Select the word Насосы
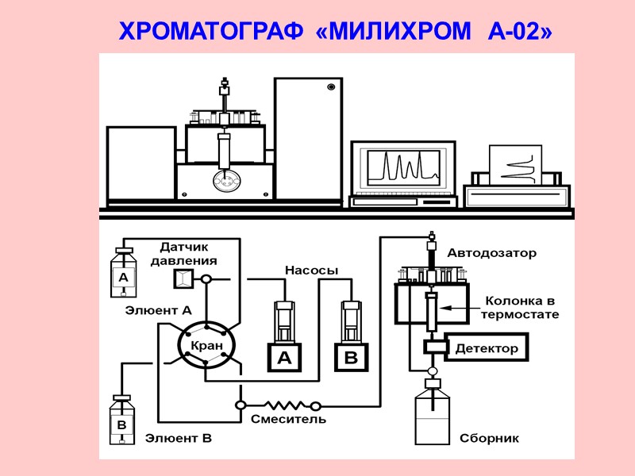[311, 271]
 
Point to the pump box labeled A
[283, 358]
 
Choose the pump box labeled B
[351, 358]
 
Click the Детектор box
[486, 348]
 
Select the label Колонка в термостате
[521, 308]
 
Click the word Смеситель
[288, 419]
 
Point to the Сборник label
[489, 438]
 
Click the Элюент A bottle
[123, 274]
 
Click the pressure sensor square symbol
[183, 278]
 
